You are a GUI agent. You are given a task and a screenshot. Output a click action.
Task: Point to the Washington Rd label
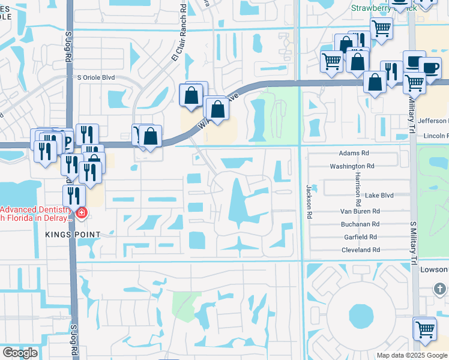[x=352, y=166]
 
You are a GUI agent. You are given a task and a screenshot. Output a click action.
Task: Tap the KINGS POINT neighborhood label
[x=67, y=233]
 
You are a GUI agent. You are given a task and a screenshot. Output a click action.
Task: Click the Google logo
[x=20, y=353]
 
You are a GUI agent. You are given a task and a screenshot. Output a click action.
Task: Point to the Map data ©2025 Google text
[x=411, y=355]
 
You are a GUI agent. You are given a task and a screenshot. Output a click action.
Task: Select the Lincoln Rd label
[x=436, y=136]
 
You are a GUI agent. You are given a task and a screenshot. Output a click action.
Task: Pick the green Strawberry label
[x=375, y=8]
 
